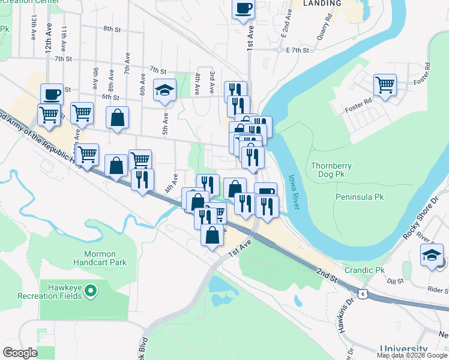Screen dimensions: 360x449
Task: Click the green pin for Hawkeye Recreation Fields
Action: [x=91, y=292]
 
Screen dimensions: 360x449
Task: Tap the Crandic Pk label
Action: [x=363, y=270]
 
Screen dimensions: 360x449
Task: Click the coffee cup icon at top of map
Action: [x=243, y=9]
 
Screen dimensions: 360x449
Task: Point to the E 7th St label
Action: [x=297, y=50]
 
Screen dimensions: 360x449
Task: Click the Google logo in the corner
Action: [x=20, y=353]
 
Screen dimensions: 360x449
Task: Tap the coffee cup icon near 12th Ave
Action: [x=52, y=94]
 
